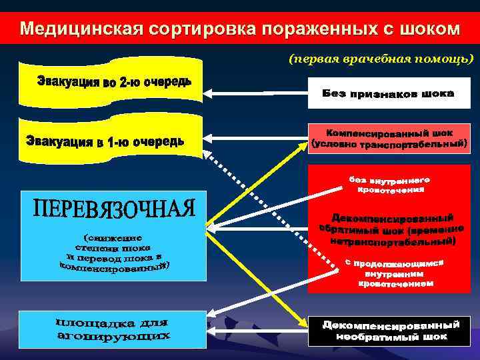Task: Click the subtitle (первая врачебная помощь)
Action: point(381,60)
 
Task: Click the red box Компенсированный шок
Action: point(389,139)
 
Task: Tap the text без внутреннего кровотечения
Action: point(389,185)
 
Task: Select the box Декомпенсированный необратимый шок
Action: point(390,331)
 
